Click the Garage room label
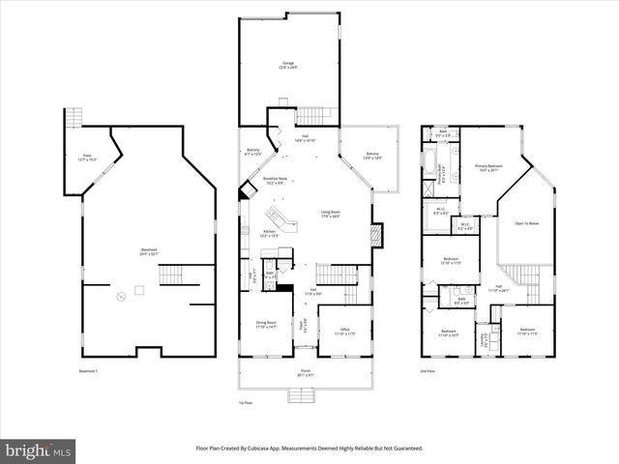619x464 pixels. click(x=289, y=66)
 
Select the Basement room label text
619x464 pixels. click(x=148, y=253)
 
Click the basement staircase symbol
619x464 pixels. click(x=171, y=276)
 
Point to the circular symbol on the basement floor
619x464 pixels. click(x=120, y=296)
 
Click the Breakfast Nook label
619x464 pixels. click(x=274, y=181)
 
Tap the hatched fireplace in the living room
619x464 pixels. click(x=377, y=234)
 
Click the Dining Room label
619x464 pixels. click(x=265, y=325)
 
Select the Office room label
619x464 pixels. click(x=344, y=331)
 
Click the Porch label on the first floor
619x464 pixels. click(x=304, y=371)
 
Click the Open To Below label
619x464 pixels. click(x=526, y=222)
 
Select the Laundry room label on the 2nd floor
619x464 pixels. click(x=485, y=340)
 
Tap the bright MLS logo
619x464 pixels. click(x=39, y=450)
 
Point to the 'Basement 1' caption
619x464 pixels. click(x=89, y=371)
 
